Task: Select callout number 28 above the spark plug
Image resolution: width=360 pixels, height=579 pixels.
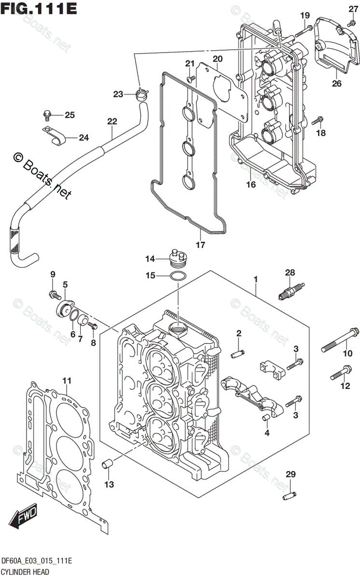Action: click(290, 273)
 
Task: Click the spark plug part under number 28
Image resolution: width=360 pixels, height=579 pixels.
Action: click(292, 291)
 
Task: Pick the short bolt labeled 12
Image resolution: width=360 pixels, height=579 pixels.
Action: click(341, 373)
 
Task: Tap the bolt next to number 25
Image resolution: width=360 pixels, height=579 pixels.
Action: click(47, 115)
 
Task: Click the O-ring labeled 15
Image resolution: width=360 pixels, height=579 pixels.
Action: click(178, 276)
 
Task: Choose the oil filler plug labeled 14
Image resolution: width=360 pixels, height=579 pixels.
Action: click(178, 259)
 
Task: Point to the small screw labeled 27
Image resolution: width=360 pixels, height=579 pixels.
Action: click(351, 24)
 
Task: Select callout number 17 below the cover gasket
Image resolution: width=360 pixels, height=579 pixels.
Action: click(200, 245)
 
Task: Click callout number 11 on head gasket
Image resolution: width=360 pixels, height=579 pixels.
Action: click(67, 381)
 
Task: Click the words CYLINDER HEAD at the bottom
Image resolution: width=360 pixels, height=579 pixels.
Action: click(25, 571)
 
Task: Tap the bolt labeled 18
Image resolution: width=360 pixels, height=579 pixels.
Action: click(318, 121)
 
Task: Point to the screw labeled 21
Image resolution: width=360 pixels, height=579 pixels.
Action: click(191, 78)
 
